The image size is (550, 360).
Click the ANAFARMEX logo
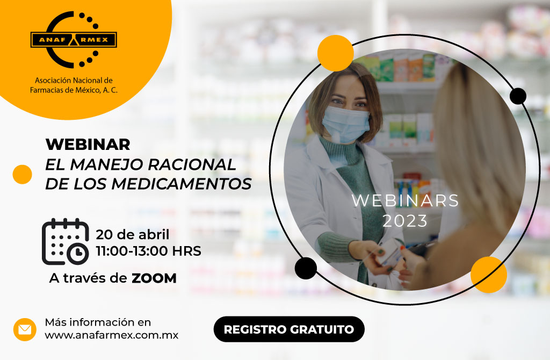click(74, 39)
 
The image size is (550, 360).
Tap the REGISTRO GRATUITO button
click(289, 329)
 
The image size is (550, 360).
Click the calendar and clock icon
click(65, 241)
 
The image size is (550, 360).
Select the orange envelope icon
click(25, 329)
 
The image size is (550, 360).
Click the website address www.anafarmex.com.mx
click(112, 335)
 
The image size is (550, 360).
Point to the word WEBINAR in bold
click(88, 144)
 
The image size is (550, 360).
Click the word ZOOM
click(154, 278)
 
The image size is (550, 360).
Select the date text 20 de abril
click(133, 234)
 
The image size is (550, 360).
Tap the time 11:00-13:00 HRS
click(148, 251)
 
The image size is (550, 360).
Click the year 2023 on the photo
click(405, 221)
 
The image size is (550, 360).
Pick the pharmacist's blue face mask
click(345, 124)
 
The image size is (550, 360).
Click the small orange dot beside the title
click(22, 175)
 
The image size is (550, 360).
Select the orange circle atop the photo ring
click(335, 53)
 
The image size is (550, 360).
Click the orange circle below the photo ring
click(489, 275)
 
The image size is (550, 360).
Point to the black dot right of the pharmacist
click(518, 96)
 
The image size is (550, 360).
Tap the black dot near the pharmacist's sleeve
click(306, 269)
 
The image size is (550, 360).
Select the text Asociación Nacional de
click(74, 81)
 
